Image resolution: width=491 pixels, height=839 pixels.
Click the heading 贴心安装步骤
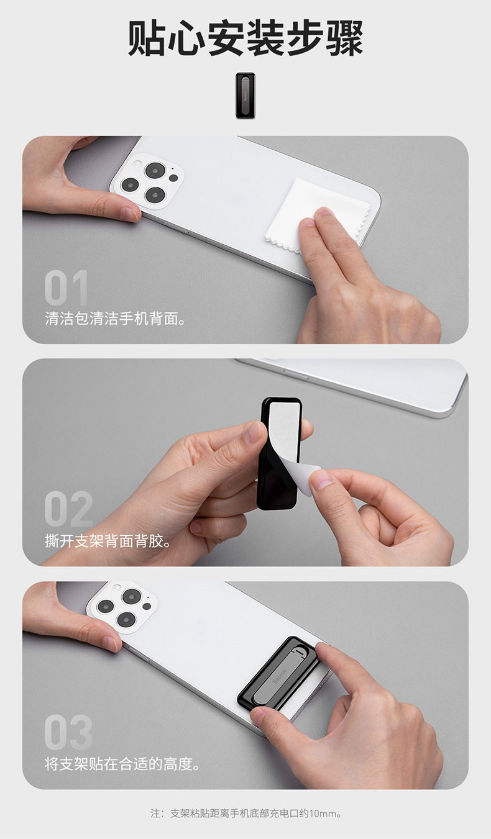[245, 38]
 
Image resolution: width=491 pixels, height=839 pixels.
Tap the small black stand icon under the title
[245, 95]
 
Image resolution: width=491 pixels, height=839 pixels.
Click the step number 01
[67, 288]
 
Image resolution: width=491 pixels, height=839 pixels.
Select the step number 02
[68, 508]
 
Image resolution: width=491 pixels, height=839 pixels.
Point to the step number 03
[68, 732]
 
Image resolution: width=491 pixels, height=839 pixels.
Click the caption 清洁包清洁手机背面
[115, 319]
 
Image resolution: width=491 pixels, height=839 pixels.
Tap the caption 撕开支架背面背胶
[108, 540]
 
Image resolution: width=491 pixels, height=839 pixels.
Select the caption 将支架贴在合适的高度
[122, 764]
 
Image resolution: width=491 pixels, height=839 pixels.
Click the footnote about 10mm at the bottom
[246, 813]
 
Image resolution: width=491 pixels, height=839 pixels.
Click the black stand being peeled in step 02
[279, 453]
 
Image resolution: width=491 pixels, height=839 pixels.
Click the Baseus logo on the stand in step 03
[280, 675]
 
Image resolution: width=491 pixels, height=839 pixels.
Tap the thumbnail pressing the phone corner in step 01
[129, 214]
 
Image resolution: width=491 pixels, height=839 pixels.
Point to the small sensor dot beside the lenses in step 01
[173, 178]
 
